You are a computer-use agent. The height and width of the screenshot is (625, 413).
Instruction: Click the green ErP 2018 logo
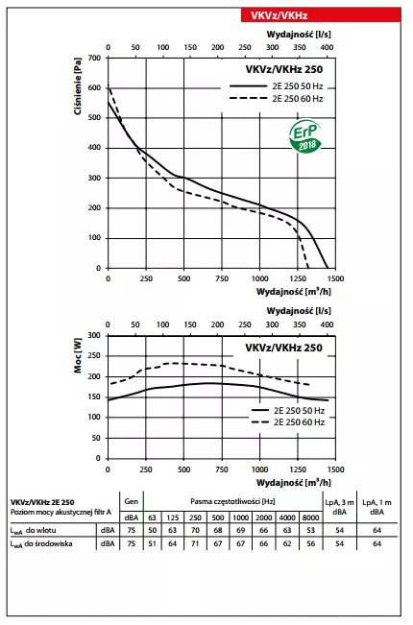pyautogui.click(x=306, y=137)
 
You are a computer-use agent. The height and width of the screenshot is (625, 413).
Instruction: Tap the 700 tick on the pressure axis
pyautogui.click(x=94, y=58)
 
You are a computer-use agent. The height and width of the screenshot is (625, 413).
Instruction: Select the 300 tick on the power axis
pyautogui.click(x=94, y=336)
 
